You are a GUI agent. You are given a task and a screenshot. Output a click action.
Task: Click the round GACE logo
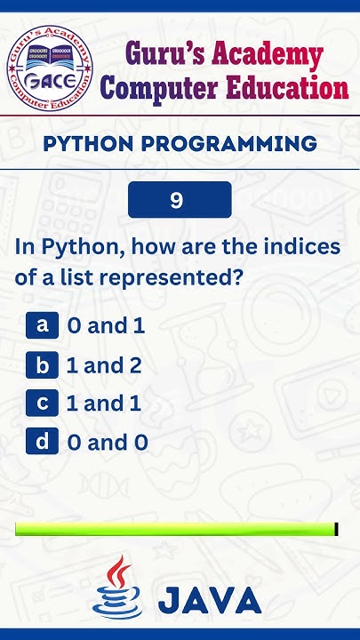50,68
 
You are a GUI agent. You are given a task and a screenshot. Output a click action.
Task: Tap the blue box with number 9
180,200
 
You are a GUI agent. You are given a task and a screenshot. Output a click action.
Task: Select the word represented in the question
171,277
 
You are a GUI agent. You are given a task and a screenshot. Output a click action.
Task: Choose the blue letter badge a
42,324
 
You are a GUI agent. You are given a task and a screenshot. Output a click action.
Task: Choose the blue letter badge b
42,364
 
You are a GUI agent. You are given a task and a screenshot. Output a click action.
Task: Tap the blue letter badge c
42,403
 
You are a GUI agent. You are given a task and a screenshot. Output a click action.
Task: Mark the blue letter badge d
42,441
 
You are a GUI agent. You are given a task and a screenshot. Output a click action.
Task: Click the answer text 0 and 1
106,325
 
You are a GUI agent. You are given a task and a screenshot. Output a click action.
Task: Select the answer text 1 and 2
104,364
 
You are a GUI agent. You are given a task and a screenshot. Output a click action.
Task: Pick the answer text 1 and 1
104,404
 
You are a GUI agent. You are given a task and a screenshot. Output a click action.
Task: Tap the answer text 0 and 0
108,442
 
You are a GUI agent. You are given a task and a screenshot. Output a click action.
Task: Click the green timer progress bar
176,530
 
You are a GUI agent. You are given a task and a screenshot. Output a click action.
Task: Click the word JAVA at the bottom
210,601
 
